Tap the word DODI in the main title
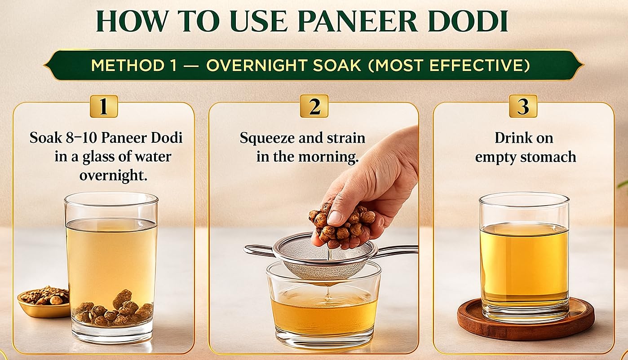coord(468,21)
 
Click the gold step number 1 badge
coord(104,106)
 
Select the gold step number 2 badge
coord(314,106)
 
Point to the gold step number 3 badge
coord(523,106)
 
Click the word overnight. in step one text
coord(113,176)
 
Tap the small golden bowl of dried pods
coord(44,303)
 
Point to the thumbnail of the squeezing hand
coord(335,217)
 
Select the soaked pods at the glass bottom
coord(114,311)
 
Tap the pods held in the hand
coord(341,224)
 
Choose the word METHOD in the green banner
coord(128,66)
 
